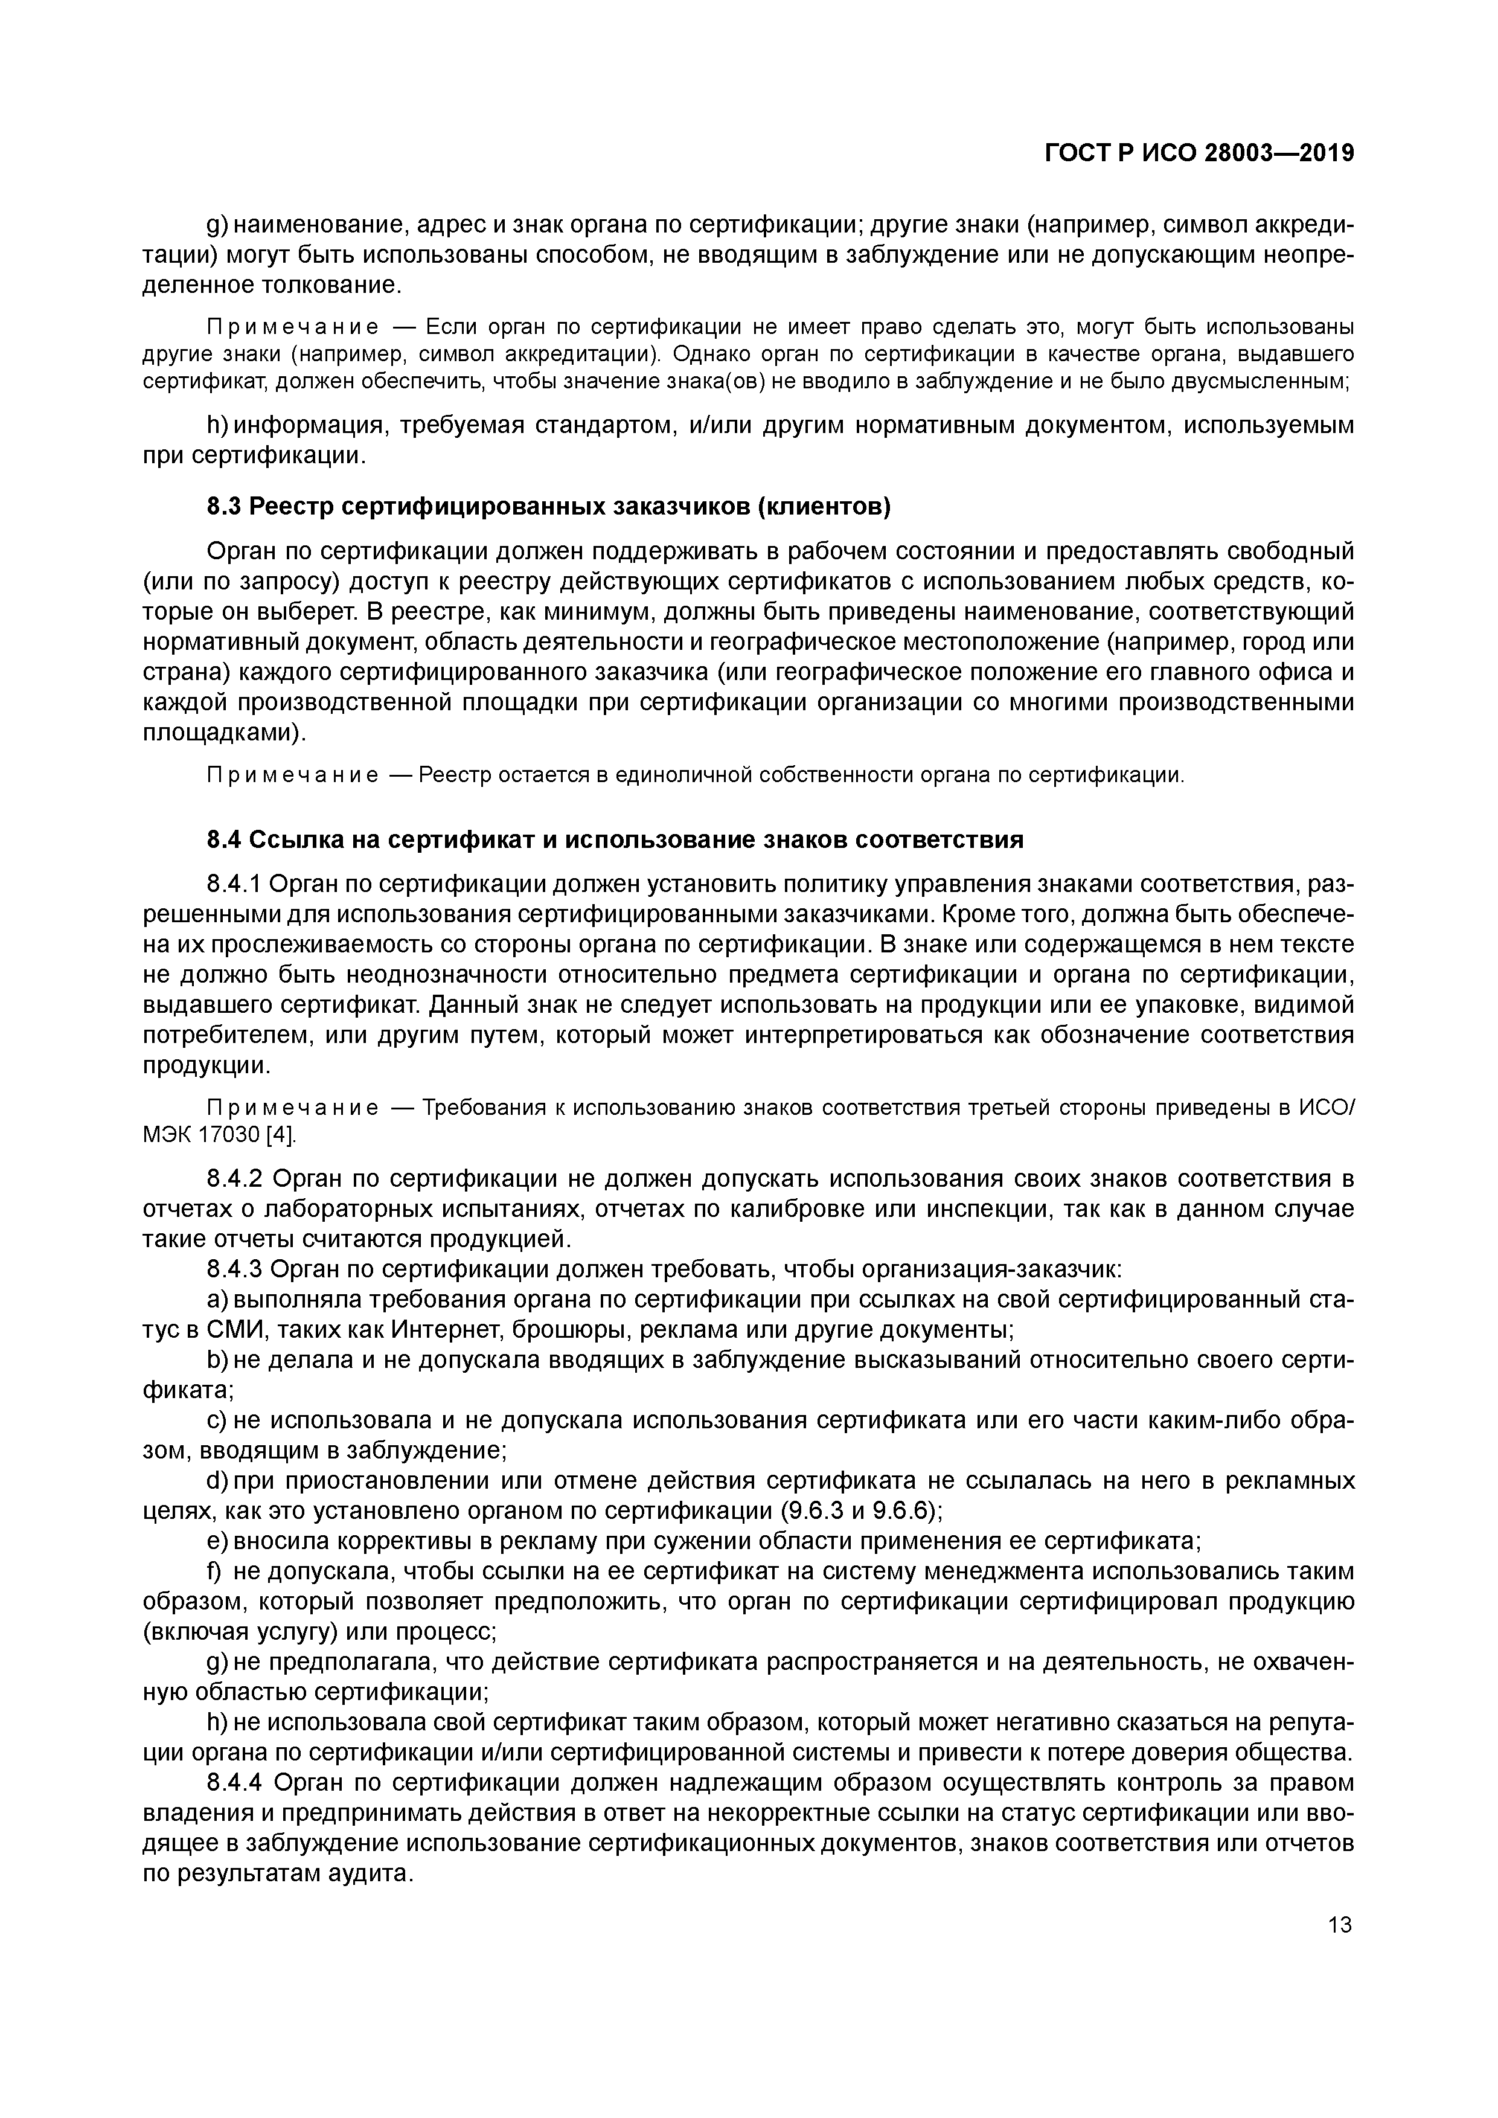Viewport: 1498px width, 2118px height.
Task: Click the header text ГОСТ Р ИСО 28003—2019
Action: [1199, 154]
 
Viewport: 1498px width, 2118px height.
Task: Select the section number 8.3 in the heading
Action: [224, 507]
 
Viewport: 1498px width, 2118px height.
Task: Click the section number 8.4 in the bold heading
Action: [224, 839]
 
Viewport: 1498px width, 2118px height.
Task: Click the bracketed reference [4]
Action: [280, 1134]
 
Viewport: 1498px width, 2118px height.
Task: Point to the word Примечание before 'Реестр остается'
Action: [292, 775]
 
